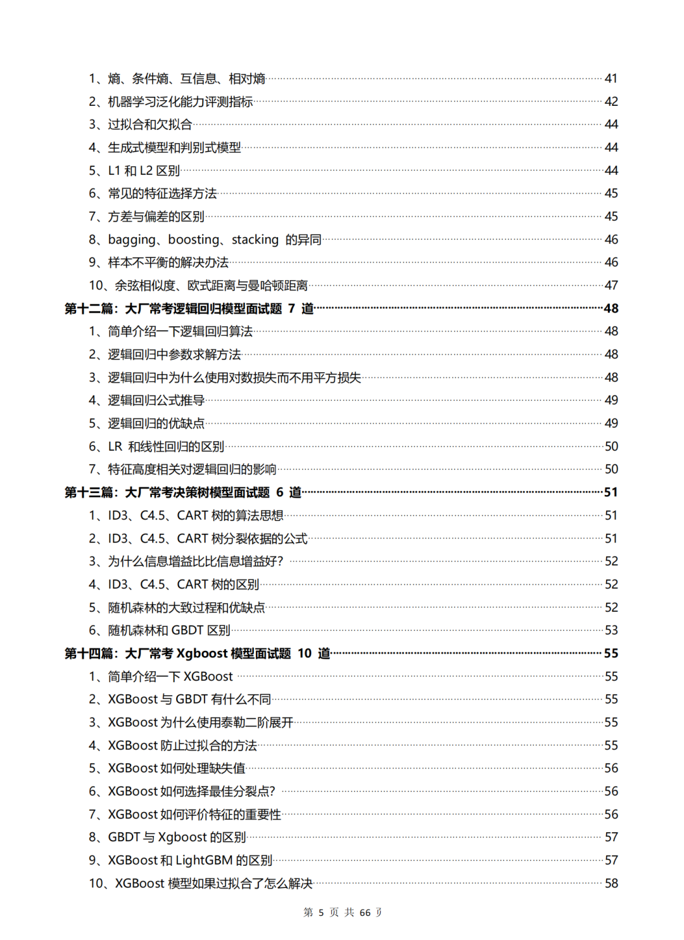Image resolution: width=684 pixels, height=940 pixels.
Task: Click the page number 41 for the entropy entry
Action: (x=611, y=79)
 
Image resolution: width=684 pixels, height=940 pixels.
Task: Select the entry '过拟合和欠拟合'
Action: (x=149, y=125)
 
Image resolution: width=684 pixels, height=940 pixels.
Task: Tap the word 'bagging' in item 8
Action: (x=132, y=240)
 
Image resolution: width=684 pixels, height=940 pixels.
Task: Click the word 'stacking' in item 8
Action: (x=255, y=240)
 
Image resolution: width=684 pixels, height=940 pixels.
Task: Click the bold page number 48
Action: (x=611, y=309)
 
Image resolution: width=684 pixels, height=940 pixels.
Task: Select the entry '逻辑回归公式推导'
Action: (x=156, y=401)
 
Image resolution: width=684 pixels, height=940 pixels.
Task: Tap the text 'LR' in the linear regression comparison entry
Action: (x=115, y=447)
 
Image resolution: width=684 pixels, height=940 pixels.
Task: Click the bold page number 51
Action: (x=611, y=493)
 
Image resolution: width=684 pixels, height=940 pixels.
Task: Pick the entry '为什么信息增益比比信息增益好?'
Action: (x=195, y=562)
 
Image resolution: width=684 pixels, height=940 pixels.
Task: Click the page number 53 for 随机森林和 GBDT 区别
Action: (x=611, y=631)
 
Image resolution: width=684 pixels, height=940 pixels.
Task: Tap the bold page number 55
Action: (x=611, y=653)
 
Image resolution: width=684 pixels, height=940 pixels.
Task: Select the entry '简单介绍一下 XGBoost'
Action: (x=170, y=677)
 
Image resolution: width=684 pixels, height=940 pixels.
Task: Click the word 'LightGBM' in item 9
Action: (x=204, y=861)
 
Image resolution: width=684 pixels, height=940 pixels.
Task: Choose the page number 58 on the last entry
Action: (x=611, y=884)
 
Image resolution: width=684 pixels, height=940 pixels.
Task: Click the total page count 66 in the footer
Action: (x=365, y=913)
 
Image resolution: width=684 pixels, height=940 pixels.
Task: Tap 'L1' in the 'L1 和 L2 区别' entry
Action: (x=114, y=171)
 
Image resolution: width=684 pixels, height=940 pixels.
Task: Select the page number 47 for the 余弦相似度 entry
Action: (x=611, y=286)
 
